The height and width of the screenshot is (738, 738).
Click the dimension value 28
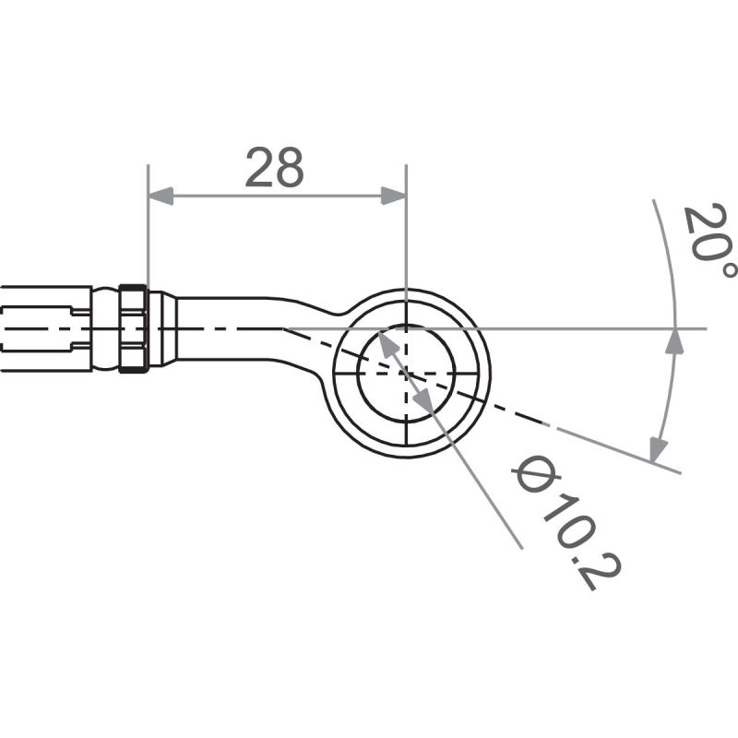click(275, 169)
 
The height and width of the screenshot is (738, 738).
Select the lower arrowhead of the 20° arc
click(658, 449)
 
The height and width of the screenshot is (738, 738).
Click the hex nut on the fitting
click(133, 328)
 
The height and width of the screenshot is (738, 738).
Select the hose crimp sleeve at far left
click(46, 328)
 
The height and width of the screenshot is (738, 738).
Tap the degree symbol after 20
click(728, 268)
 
